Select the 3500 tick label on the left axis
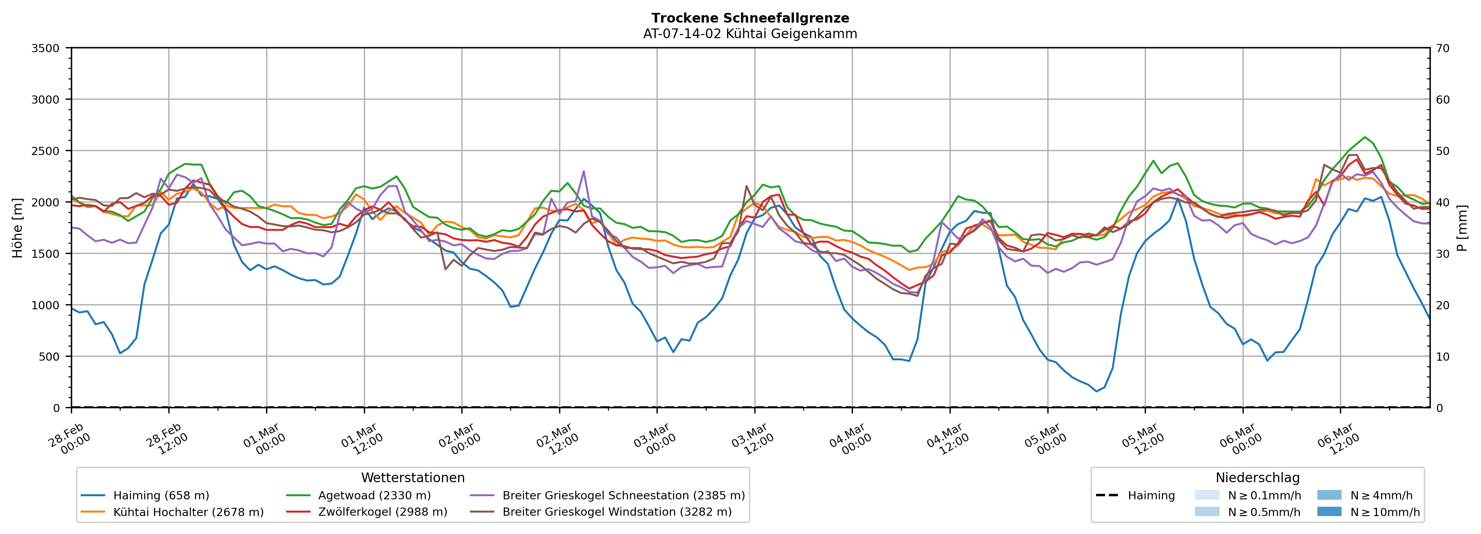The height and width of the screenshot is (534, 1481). [46, 48]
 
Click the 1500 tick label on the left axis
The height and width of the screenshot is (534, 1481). [46, 254]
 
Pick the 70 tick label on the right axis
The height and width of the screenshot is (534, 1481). [1442, 48]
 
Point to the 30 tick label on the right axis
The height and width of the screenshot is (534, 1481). [1442, 254]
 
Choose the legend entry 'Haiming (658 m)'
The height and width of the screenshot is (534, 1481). [161, 495]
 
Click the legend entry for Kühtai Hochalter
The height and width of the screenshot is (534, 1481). [188, 512]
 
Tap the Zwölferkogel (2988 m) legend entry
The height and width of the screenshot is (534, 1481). [382, 512]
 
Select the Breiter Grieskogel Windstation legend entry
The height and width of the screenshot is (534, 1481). [617, 512]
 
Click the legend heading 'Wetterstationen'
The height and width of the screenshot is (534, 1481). [413, 478]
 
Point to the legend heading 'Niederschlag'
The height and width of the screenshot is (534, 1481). [1257, 478]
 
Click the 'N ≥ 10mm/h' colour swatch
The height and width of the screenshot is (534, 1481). [1329, 511]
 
